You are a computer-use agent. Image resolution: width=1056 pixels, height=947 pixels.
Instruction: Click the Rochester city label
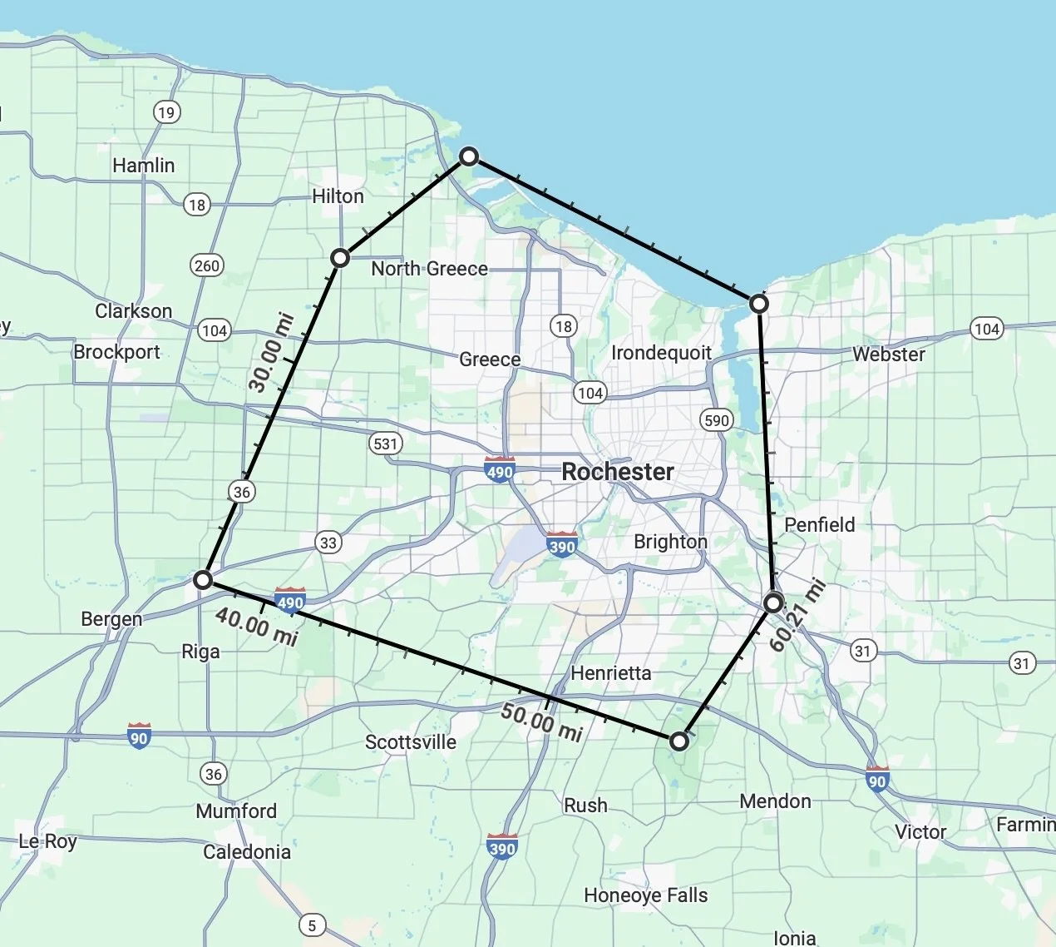618,472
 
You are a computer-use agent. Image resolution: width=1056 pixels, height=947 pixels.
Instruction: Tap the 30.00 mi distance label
271,353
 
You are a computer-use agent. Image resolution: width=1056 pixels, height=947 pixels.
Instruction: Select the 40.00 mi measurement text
256,625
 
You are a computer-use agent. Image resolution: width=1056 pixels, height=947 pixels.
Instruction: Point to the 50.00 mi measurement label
541,721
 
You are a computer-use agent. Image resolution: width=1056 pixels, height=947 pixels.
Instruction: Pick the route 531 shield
386,444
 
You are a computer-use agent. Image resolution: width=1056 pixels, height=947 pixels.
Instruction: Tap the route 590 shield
716,420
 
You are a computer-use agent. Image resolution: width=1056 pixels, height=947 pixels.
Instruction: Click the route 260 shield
206,265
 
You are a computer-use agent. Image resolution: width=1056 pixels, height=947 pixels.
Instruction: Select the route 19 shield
167,112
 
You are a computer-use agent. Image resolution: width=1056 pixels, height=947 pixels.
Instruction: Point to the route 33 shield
328,543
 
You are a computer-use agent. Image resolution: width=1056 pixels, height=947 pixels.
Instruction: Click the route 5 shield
312,925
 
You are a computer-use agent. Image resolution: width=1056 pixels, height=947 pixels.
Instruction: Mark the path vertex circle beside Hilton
339,258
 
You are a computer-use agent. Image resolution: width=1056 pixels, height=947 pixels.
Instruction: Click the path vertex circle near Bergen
203,580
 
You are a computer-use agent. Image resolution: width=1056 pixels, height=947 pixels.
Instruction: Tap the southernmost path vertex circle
679,741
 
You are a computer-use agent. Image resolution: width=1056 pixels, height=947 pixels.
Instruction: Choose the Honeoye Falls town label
646,895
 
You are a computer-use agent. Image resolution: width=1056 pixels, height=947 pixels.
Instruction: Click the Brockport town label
116,352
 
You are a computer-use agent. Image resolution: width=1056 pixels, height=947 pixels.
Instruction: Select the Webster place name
888,355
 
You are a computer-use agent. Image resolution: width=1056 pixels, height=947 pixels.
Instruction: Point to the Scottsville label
411,742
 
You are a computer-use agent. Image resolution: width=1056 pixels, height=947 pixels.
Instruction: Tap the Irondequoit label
661,353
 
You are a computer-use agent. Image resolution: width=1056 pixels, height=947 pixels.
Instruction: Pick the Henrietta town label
611,672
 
